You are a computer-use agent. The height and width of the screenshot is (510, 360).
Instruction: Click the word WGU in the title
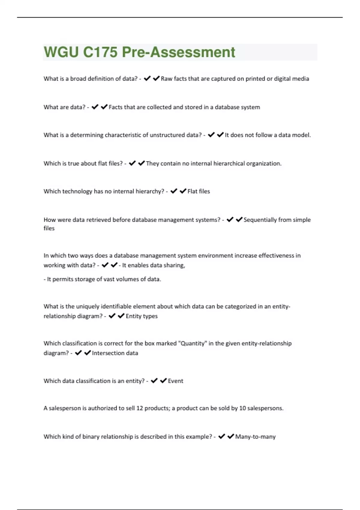[x=61, y=52]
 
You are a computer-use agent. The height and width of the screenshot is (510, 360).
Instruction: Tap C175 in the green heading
[x=100, y=52]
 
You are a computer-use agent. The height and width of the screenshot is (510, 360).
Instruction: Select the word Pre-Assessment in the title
[x=178, y=52]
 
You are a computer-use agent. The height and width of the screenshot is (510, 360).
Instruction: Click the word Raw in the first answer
[x=166, y=79]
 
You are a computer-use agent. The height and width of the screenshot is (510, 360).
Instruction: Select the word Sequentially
[x=260, y=220]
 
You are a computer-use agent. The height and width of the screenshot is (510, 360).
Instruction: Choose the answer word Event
[x=175, y=381]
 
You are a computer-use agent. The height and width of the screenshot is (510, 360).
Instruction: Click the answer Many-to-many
[x=255, y=437]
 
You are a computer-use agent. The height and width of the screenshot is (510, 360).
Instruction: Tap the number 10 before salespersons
[x=242, y=408]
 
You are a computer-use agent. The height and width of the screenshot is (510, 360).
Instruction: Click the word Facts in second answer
[x=116, y=107]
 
